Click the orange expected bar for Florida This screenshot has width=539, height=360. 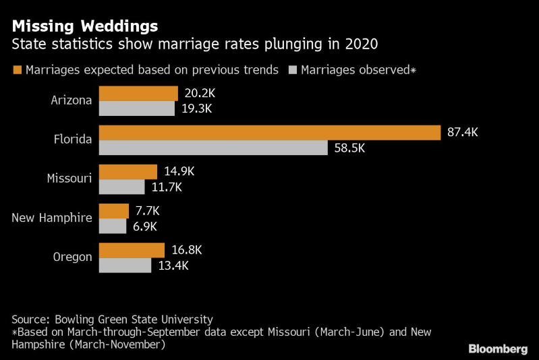tap(270, 132)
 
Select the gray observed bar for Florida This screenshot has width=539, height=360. tap(213, 148)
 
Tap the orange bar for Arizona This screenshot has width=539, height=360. tap(138, 93)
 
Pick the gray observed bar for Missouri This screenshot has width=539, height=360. tap(122, 187)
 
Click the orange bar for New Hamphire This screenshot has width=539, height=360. tap(114, 210)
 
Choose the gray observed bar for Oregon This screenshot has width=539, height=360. tap(125, 265)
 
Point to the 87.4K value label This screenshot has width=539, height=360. tap(463, 132)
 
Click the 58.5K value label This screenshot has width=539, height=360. tap(349, 148)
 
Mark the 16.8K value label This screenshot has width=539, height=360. tap(187, 249)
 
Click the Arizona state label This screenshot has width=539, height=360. tap(72, 100)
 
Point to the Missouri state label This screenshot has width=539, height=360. tap(69, 179)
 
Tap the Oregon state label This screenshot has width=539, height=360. tap(72, 257)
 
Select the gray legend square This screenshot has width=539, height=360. tap(293, 69)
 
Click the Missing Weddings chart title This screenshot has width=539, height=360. tap(85, 26)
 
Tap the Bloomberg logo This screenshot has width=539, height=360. tap(498, 349)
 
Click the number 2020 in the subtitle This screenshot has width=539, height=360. tap(360, 45)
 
